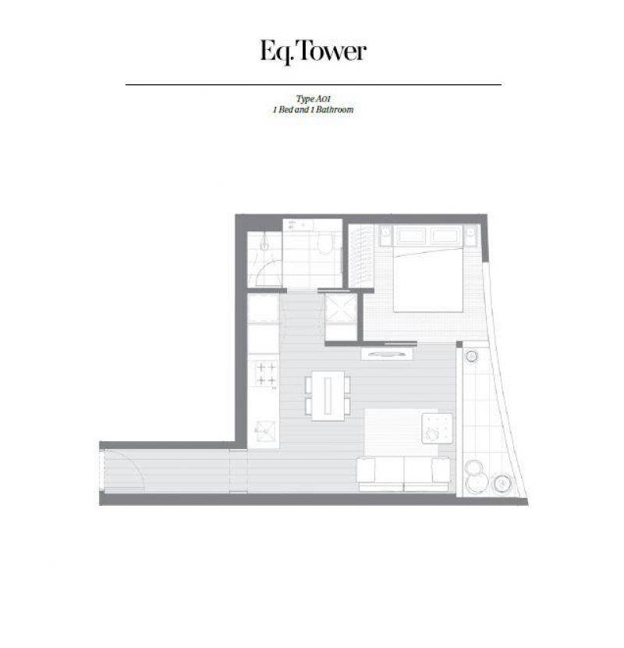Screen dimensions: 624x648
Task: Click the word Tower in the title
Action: (x=331, y=52)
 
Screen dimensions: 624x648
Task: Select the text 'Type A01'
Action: (x=313, y=99)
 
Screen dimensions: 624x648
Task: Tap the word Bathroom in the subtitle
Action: (x=335, y=110)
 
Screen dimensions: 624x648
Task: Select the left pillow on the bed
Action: (x=411, y=237)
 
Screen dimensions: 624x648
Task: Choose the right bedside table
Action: (x=470, y=235)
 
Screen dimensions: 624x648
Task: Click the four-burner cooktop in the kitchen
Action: (x=264, y=374)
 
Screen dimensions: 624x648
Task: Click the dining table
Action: (x=328, y=396)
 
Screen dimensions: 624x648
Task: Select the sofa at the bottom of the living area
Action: (x=403, y=474)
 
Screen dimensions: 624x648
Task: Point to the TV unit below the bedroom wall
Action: (x=388, y=354)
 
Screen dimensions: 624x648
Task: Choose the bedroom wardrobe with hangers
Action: (x=361, y=255)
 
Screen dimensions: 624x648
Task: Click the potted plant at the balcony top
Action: (x=471, y=355)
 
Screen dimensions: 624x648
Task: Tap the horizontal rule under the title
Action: (x=314, y=85)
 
